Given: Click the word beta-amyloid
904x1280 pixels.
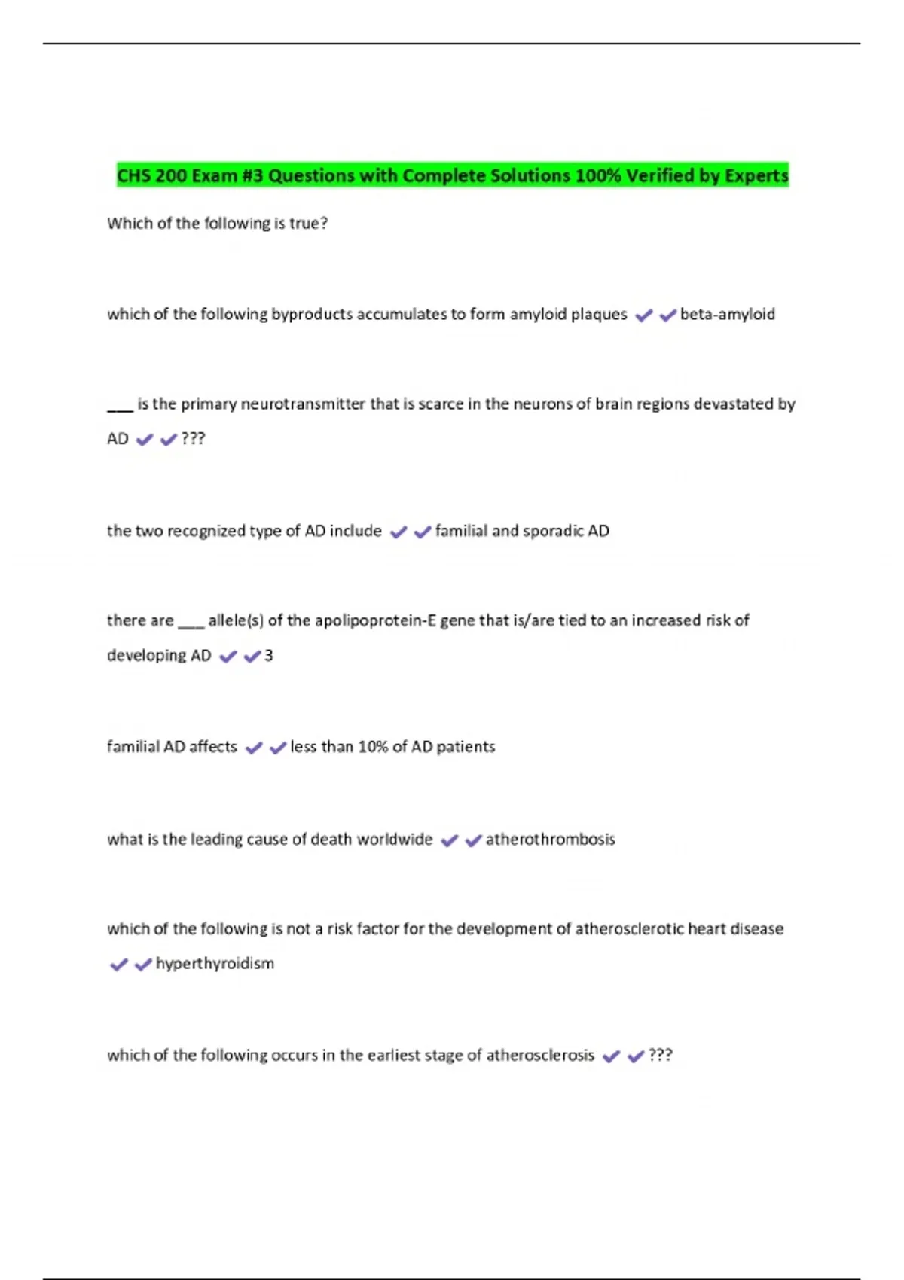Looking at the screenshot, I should click(727, 314).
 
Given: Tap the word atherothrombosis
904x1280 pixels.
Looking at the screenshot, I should click(550, 839).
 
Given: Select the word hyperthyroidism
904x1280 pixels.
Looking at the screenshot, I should click(215, 964).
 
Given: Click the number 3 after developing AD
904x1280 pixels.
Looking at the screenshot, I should click(269, 656).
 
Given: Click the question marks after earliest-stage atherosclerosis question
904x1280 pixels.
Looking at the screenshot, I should click(660, 1055).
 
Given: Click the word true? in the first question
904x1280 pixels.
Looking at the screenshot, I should click(308, 224).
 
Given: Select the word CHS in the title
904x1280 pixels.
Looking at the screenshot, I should click(133, 175).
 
